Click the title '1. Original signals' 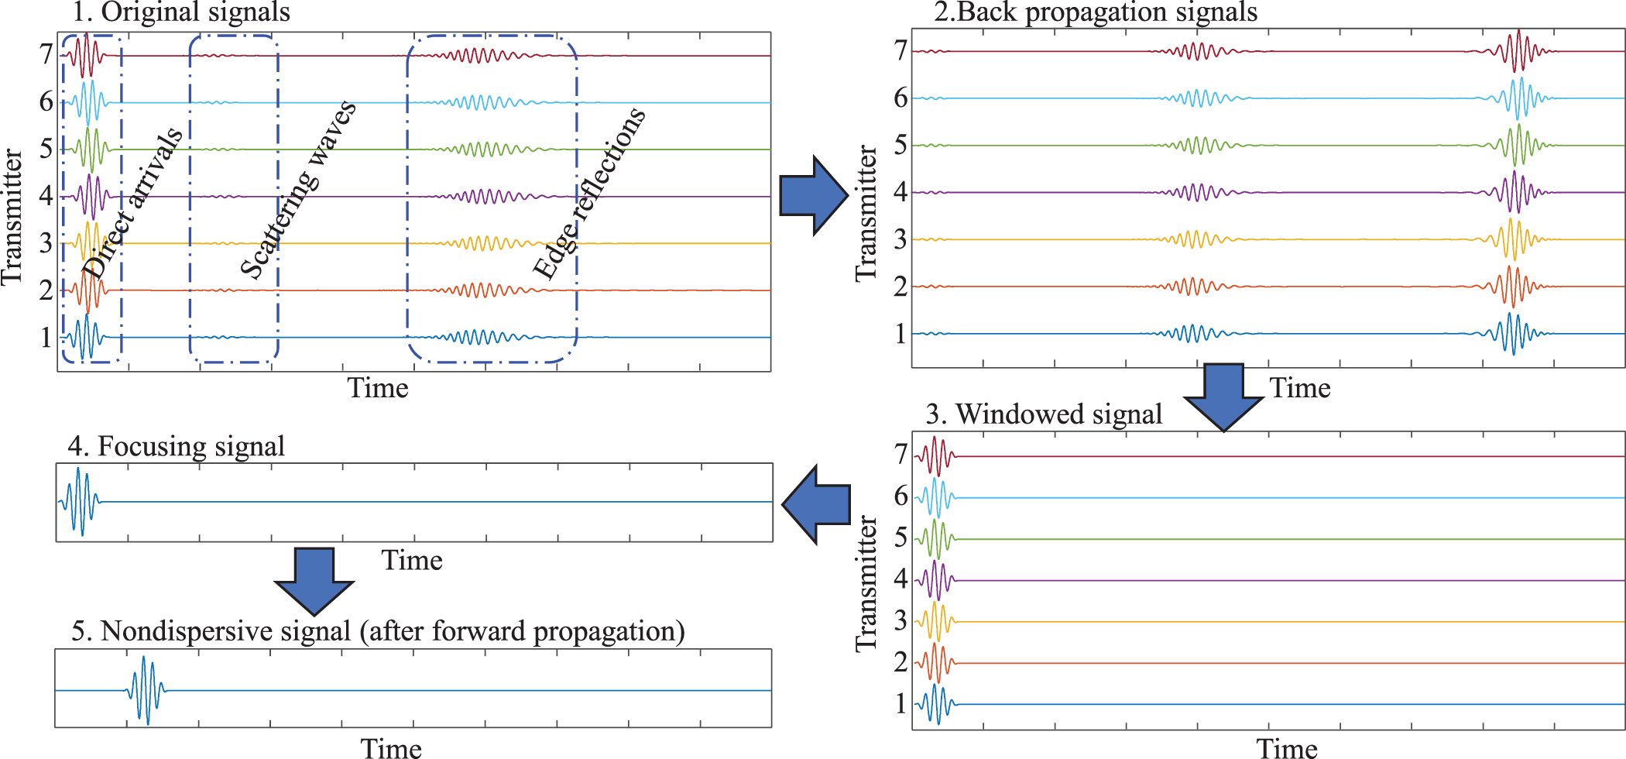click(x=180, y=12)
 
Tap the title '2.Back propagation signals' click(x=1095, y=12)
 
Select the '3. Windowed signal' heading click(x=1044, y=414)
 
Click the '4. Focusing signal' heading click(x=176, y=447)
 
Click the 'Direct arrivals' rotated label click(x=133, y=203)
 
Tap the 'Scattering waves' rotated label click(x=298, y=189)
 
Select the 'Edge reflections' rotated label click(x=588, y=194)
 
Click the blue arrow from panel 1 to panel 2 click(x=811, y=195)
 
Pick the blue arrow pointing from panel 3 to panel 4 click(x=818, y=505)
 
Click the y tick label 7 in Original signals click(x=46, y=55)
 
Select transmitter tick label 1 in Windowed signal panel click(x=900, y=703)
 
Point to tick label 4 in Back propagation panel click(x=900, y=192)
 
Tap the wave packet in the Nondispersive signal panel click(x=146, y=689)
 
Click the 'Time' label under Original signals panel click(x=377, y=388)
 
